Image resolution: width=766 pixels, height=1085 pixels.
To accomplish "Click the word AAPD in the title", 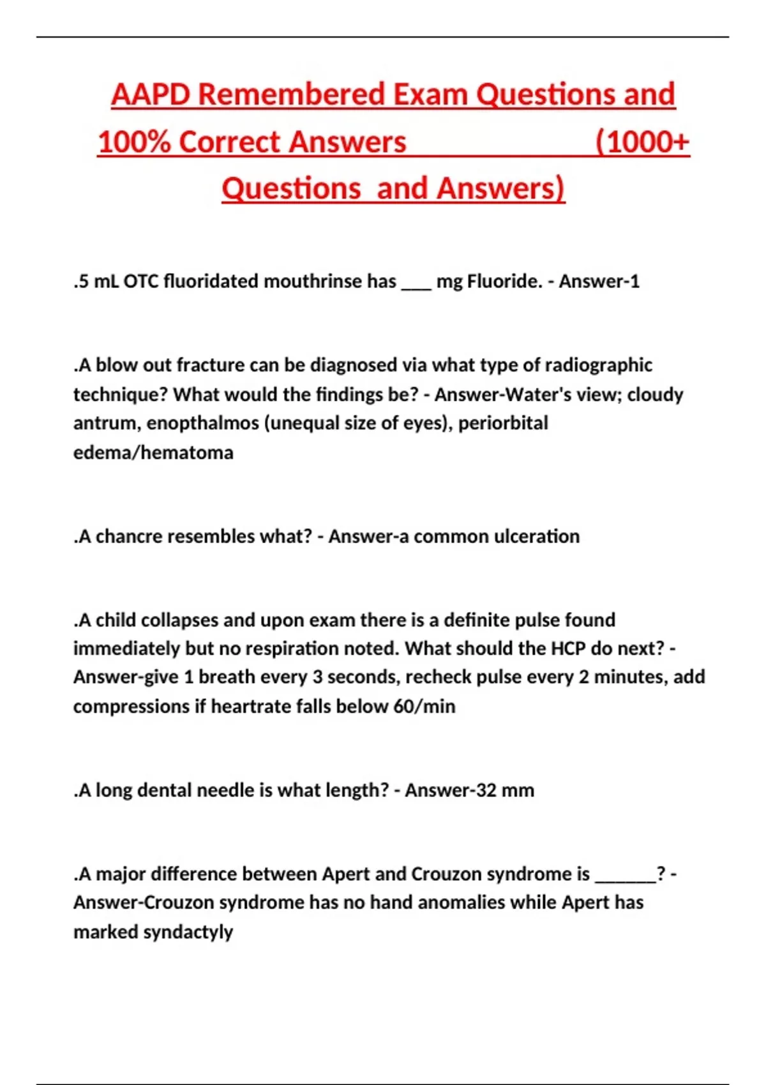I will click(151, 94).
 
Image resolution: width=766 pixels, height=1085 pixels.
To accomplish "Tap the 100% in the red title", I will click(134, 142).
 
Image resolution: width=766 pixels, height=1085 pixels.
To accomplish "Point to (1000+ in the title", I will click(642, 142).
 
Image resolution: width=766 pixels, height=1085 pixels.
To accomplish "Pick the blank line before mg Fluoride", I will click(416, 285).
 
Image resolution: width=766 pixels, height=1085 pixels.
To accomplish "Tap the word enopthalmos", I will click(203, 423).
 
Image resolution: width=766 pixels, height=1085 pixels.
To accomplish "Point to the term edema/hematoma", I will click(153, 452).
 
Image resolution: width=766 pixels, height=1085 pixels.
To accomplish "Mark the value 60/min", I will click(424, 706).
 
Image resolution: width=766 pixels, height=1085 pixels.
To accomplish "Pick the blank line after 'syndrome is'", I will click(625, 878).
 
